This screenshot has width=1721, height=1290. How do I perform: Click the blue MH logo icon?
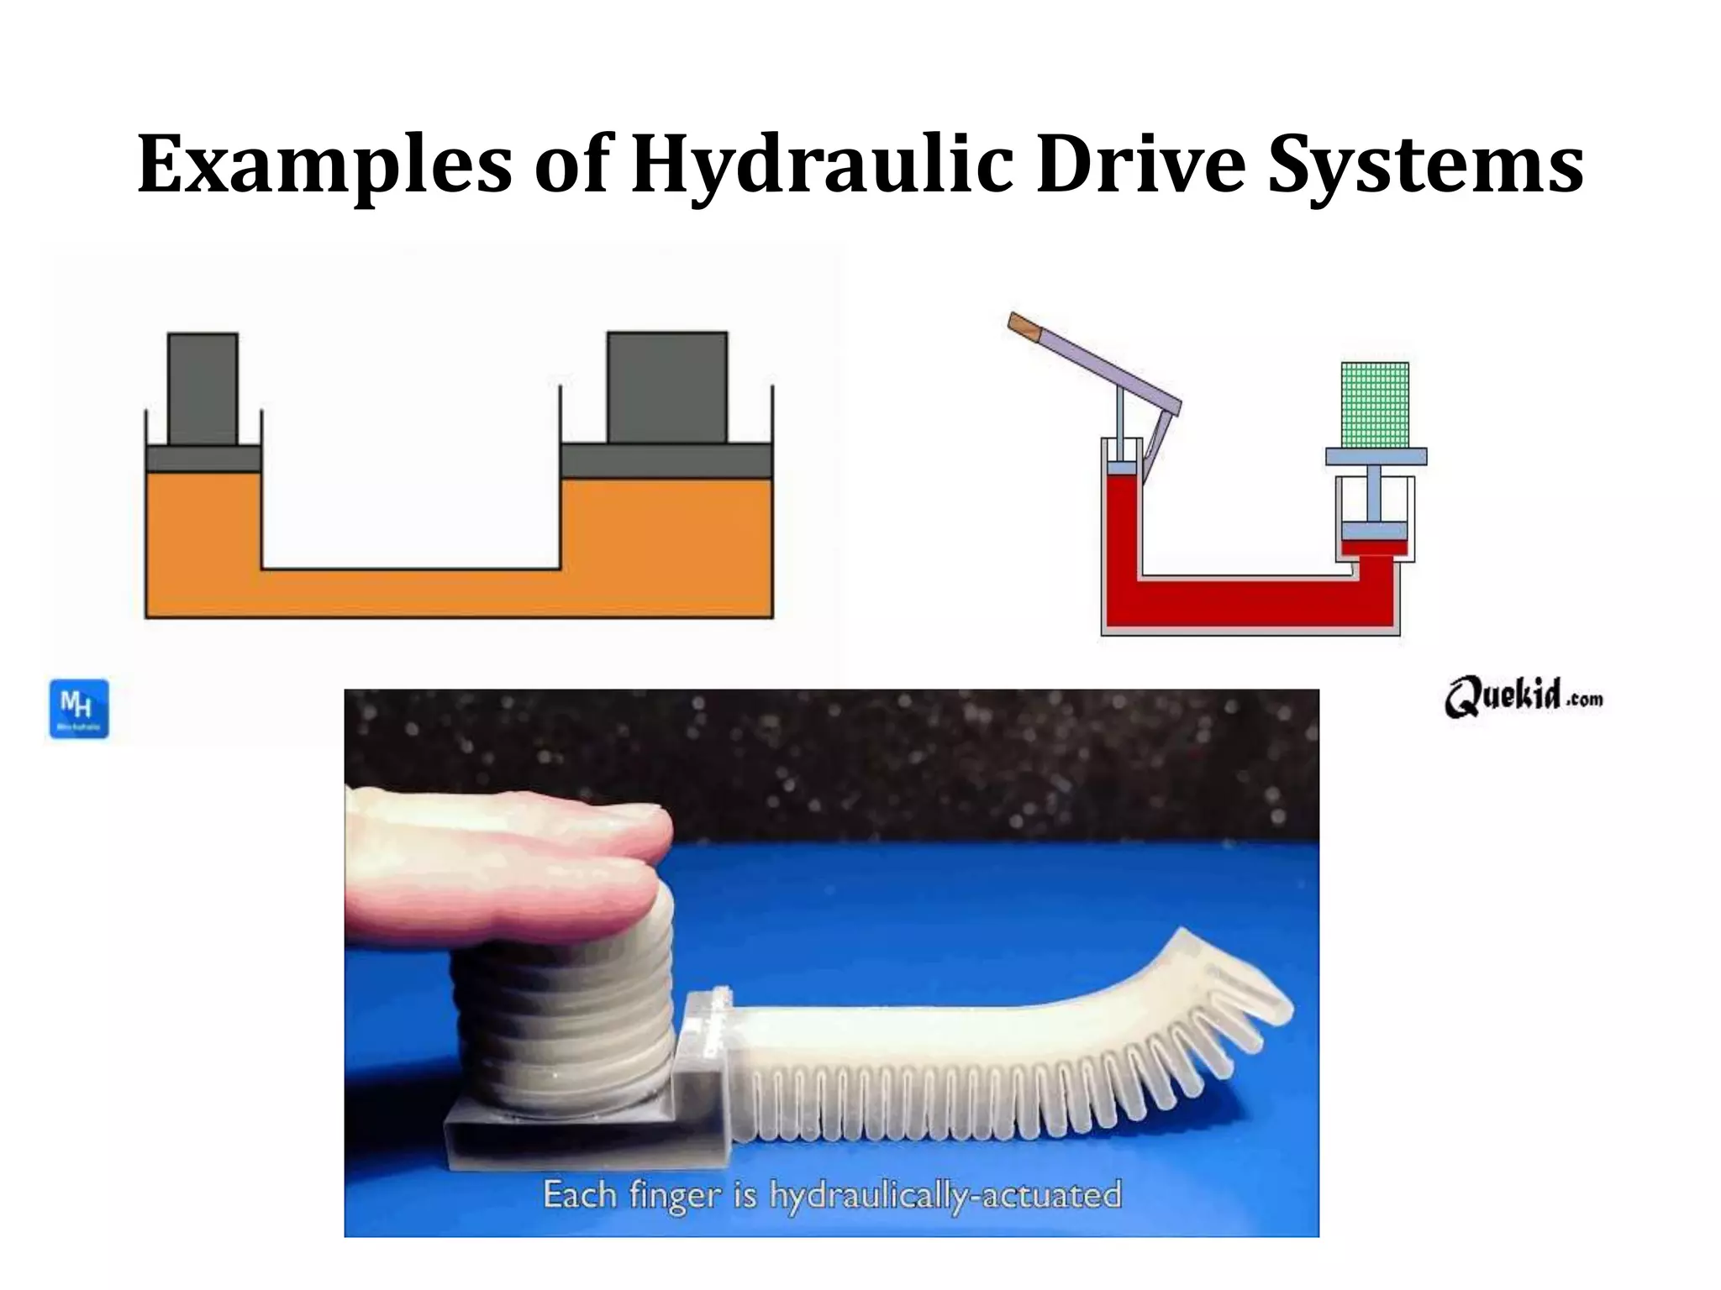tap(79, 709)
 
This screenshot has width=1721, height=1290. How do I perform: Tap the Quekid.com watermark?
tap(1523, 697)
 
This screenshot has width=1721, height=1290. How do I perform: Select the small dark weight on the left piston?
tap(203, 388)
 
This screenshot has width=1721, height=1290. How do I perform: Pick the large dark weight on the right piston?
tap(667, 386)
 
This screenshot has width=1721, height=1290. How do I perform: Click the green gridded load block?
tap(1375, 405)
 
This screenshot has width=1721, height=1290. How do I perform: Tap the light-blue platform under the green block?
tap(1376, 457)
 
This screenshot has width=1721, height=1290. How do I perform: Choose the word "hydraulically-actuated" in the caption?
tap(945, 1194)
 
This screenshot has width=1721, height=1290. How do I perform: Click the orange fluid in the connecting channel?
tap(412, 594)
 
